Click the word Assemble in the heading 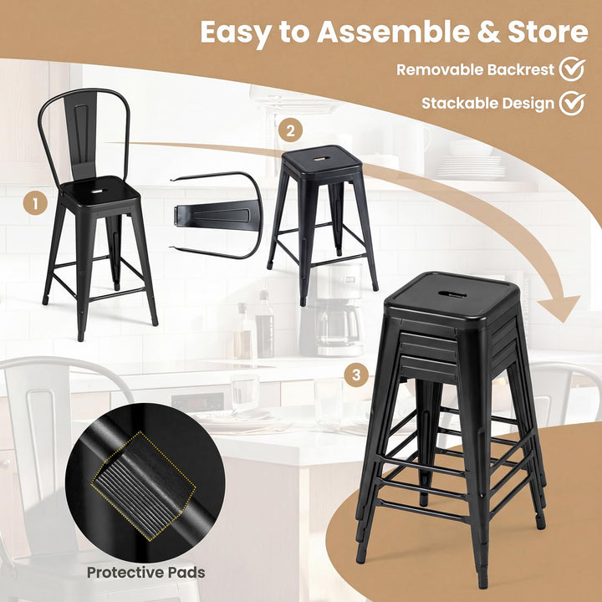[390, 32]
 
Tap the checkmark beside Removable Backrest [572, 69]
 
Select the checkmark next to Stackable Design [572, 103]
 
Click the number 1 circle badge [34, 202]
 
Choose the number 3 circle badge [357, 375]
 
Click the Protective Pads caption [145, 573]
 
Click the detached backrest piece [213, 214]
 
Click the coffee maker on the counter [339, 314]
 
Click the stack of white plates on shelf [471, 167]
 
